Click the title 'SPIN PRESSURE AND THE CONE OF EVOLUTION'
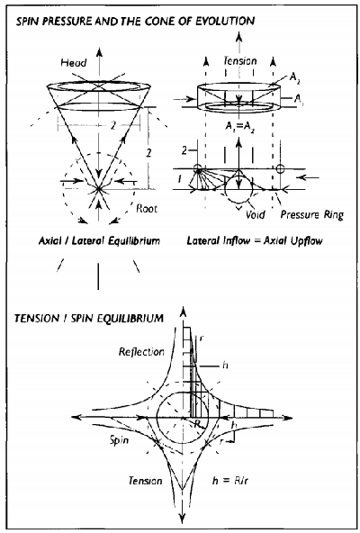pos(135,22)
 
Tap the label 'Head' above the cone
pos(74,62)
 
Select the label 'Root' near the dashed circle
pos(147,208)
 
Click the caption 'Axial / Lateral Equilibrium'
pos(99,241)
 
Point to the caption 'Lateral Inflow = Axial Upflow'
pos(255,241)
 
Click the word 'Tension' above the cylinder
pos(240,61)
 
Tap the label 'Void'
pos(256,214)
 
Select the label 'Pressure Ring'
pos(311,215)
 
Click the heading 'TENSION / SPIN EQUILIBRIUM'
pos(89,319)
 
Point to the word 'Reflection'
pos(141,351)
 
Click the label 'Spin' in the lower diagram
pos(119,440)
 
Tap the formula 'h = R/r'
pos(228,481)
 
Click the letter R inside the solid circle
pos(197,424)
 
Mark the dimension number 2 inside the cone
pos(112,125)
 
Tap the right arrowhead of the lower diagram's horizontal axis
pos(287,417)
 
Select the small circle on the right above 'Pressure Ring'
pos(280,168)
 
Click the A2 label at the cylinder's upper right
pos(293,77)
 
